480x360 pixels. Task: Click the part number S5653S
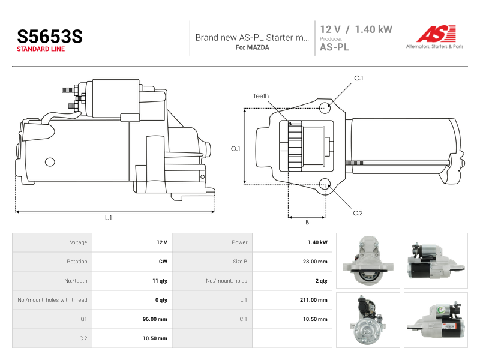(x=50, y=36)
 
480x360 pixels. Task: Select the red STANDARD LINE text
(x=41, y=49)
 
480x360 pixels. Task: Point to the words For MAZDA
(x=252, y=47)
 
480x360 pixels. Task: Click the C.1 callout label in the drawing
(x=358, y=78)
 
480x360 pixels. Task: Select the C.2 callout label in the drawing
(x=358, y=213)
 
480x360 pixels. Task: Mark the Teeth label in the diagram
(x=261, y=96)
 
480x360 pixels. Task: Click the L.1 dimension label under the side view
(x=109, y=218)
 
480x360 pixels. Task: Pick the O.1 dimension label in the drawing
(x=235, y=149)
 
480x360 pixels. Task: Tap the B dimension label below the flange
(x=307, y=223)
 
